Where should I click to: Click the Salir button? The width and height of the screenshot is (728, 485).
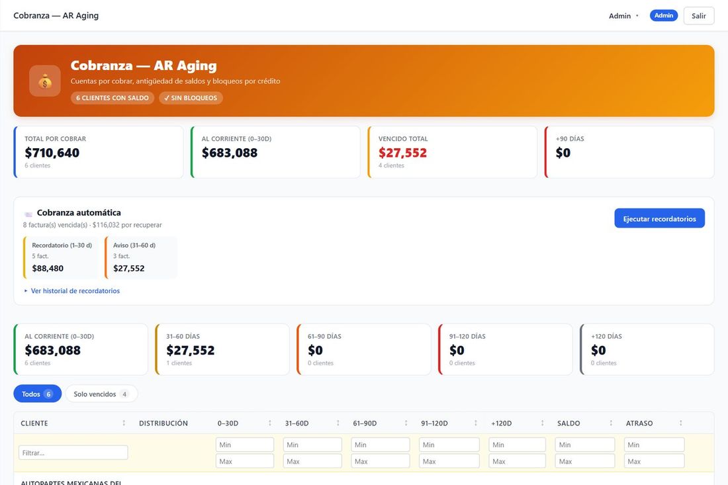point(698,16)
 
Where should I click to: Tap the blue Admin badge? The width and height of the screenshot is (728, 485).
point(663,15)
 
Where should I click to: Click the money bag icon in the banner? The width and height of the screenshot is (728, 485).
point(45,81)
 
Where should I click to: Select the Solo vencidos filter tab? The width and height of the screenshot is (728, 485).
point(101,394)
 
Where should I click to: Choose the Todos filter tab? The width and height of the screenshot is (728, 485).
point(38,394)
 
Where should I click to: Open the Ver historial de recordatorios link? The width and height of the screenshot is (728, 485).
point(75,291)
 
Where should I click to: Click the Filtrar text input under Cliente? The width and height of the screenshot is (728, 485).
point(73,453)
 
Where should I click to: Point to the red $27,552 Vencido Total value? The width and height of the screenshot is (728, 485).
point(402,153)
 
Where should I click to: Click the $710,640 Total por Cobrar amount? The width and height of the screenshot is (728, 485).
point(52,153)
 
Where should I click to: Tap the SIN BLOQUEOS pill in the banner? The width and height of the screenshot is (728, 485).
point(191,98)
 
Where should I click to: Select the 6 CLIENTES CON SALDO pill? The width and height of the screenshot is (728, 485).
point(113,98)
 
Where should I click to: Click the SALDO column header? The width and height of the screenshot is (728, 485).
point(569,423)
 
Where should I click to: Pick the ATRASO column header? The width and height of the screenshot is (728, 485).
point(639,423)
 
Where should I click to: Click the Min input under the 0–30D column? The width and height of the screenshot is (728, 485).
point(245,445)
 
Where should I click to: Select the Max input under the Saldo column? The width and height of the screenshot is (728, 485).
point(585,461)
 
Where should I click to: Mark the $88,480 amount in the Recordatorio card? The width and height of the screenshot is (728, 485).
point(48,268)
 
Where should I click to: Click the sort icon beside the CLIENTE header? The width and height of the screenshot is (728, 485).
point(124,423)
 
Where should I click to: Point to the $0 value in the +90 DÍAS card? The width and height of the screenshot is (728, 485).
point(563,153)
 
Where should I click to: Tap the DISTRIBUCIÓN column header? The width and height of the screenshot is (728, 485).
point(163,423)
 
